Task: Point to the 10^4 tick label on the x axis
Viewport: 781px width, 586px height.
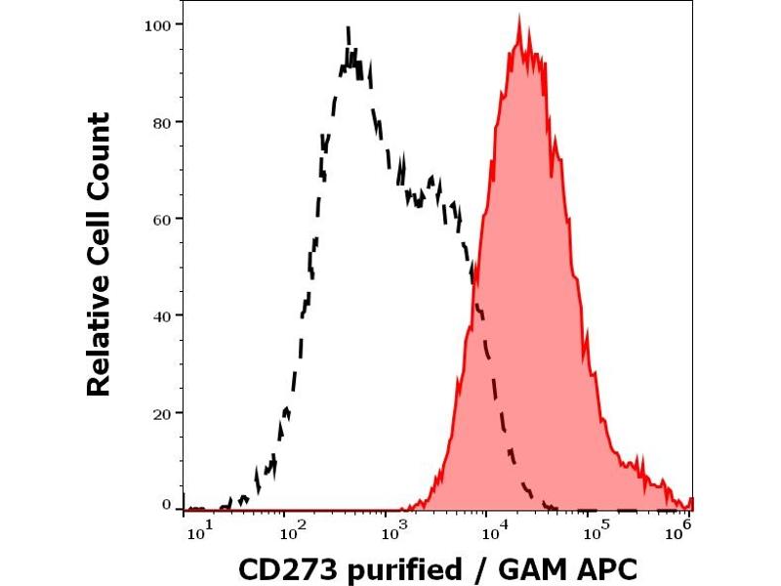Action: pyautogui.click(x=495, y=531)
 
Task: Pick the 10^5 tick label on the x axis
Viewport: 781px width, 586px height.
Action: pyautogui.click(x=597, y=531)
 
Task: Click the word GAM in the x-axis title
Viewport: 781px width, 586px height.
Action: pyautogui.click(x=531, y=567)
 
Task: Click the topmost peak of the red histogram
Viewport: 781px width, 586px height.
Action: pyautogui.click(x=519, y=17)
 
